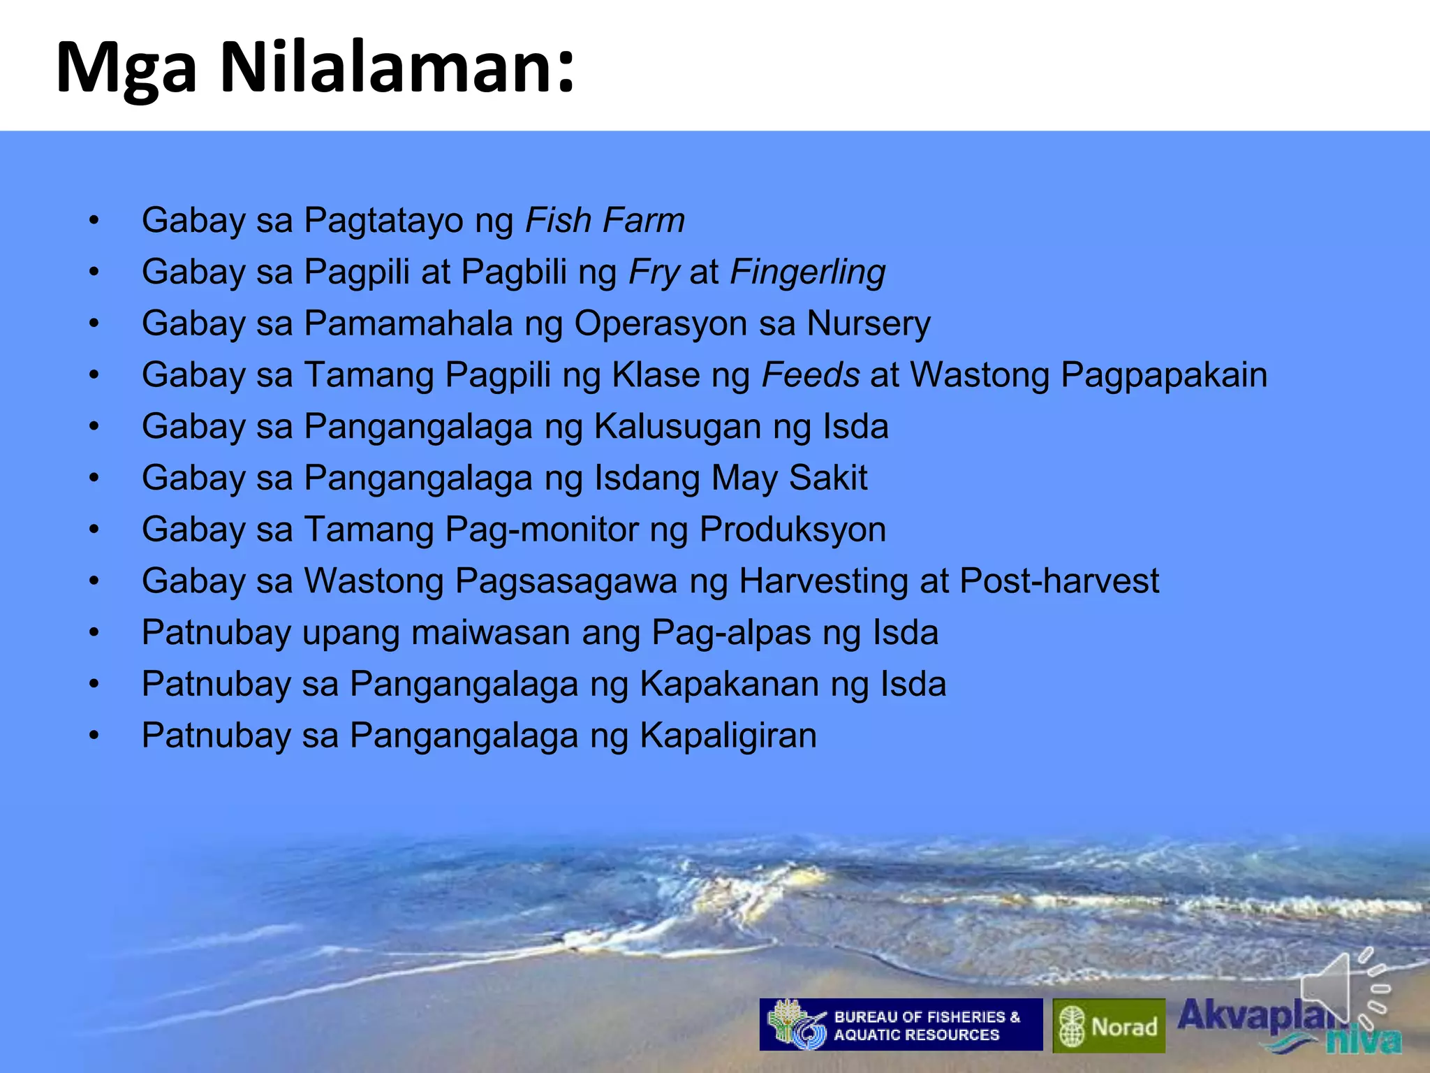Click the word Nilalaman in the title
397,68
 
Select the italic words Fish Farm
605,221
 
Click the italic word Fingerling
807,272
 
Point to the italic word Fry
654,272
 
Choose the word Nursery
869,324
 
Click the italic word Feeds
811,374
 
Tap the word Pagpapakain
1164,376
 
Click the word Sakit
828,478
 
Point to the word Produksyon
793,530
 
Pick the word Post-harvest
1059,581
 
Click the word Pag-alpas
731,633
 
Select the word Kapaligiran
728,736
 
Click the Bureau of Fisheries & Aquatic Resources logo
901,1025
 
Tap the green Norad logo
1109,1026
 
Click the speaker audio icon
1344,988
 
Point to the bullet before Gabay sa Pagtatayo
94,221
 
